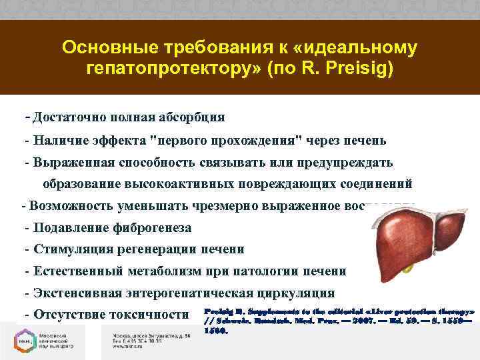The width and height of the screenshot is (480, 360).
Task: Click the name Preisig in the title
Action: (362, 69)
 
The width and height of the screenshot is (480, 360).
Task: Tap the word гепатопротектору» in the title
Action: (175, 69)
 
